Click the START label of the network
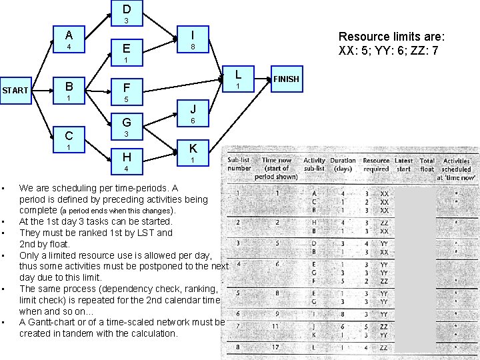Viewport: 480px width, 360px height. coord(15,90)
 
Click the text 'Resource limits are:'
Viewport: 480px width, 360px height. coord(391,37)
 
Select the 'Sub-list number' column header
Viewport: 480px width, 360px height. coord(239,164)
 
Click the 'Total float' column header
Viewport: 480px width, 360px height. coord(427,165)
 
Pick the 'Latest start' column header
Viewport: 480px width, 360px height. coord(403,165)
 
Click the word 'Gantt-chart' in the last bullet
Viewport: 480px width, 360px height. coord(56,322)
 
